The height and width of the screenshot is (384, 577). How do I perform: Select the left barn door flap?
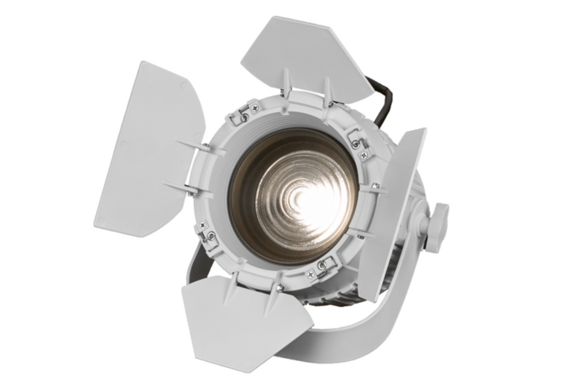tap(147, 147)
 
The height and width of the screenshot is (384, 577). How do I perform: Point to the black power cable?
tap(383, 102)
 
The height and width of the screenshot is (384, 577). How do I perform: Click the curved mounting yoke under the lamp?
tap(359, 333)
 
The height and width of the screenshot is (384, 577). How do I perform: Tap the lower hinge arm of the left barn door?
tap(186, 188)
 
